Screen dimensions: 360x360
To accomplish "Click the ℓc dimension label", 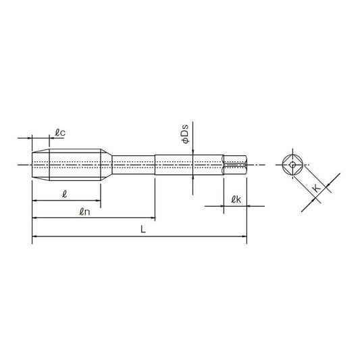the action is click(x=60, y=132).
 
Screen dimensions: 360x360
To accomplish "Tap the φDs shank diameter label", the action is click(x=185, y=134).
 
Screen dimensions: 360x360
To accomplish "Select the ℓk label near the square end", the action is click(x=236, y=199).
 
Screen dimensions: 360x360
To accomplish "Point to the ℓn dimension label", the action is click(x=84, y=211).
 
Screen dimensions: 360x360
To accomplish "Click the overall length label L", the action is click(x=143, y=229).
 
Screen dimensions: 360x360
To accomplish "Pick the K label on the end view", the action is click(x=317, y=188).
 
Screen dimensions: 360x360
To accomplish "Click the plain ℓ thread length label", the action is click(x=65, y=195).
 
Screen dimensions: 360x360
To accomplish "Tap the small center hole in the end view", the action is click(x=292, y=164).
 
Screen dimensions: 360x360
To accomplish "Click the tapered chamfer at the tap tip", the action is click(x=41, y=165).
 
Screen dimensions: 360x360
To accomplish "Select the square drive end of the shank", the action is click(x=235, y=165).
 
